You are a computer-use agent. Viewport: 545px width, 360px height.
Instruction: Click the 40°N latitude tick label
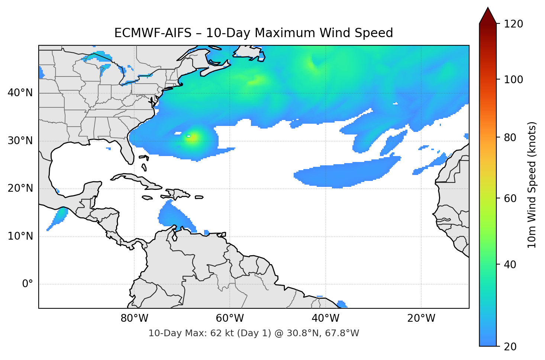pyautogui.click(x=20, y=93)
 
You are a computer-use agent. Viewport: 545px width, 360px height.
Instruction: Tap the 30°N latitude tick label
pyautogui.click(x=20, y=141)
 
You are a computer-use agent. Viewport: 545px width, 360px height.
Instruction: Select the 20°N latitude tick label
pyautogui.click(x=20, y=188)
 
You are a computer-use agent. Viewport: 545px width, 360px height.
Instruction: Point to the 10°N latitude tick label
pyautogui.click(x=20, y=236)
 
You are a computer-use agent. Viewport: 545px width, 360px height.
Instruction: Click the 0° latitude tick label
pyautogui.click(x=28, y=284)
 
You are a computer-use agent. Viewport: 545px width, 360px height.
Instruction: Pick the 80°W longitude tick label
pyautogui.click(x=135, y=318)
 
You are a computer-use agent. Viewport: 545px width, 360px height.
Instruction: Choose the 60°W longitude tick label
pyautogui.click(x=230, y=318)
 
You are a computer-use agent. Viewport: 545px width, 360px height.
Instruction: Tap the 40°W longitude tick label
pyautogui.click(x=326, y=318)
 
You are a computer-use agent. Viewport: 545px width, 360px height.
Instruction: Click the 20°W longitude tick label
pyautogui.click(x=421, y=318)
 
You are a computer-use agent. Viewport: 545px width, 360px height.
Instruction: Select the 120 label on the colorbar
pyautogui.click(x=513, y=24)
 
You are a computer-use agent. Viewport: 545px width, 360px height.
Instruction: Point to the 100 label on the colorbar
pyautogui.click(x=513, y=80)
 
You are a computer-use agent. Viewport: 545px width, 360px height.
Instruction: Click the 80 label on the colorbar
pyautogui.click(x=510, y=137)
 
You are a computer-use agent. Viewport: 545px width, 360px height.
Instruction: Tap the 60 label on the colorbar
pyautogui.click(x=510, y=198)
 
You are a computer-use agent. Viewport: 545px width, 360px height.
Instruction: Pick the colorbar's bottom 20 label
pyautogui.click(x=510, y=347)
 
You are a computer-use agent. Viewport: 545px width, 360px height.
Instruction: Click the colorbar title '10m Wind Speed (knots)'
pyautogui.click(x=532, y=185)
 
